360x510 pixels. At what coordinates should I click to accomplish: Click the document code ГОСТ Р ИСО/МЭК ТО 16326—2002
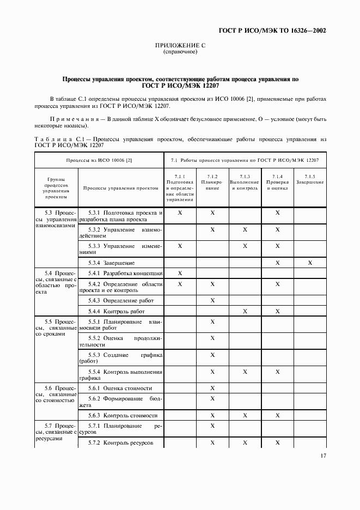point(279,31)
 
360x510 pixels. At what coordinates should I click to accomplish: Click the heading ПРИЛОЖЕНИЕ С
point(180,46)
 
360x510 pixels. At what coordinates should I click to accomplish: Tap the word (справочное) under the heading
point(180,52)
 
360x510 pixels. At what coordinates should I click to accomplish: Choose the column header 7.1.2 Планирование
point(212,182)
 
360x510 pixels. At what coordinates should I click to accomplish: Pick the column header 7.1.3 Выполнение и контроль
point(245,182)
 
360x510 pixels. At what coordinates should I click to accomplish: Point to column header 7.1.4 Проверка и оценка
point(277,182)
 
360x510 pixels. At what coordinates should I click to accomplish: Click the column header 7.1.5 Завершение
point(310,179)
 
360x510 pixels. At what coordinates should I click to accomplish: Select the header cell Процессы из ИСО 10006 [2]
point(99,161)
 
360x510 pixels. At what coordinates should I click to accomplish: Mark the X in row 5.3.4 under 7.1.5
point(310,263)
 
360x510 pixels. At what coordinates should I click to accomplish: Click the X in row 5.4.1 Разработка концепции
point(180,272)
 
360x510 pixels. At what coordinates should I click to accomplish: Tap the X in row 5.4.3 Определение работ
point(212,300)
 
